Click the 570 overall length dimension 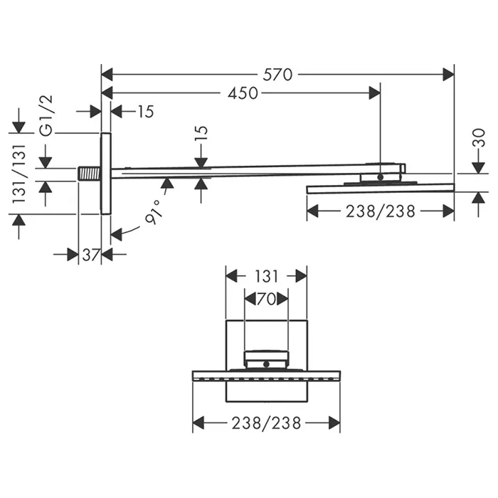tap(277, 75)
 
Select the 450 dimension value tap(243, 93)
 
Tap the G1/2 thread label tap(47, 116)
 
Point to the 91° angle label tap(154, 212)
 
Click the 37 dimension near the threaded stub tap(90, 255)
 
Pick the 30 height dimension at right tap(479, 137)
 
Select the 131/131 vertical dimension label tap(18, 174)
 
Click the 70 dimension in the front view tap(266, 299)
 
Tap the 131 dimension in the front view tap(266, 276)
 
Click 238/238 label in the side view tap(381, 211)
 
